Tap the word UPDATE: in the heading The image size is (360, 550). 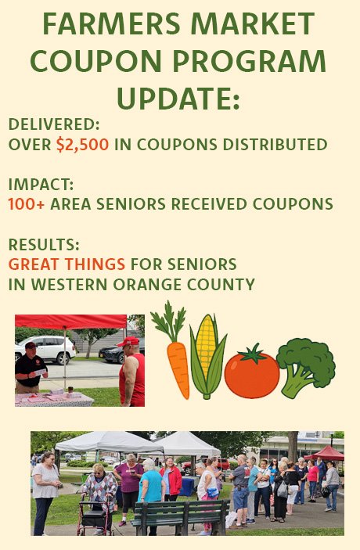point(178,99)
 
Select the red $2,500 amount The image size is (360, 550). point(82,145)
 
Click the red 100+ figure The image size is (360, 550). point(27,204)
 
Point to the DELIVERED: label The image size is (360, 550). point(54,124)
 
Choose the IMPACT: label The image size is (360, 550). point(41,185)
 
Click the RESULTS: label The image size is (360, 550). point(44,244)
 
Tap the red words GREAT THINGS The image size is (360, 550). point(67,264)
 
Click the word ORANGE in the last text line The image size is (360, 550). point(147,285)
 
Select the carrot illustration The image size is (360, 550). point(173,349)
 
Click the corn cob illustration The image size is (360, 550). point(207,356)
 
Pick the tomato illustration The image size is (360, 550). point(251,372)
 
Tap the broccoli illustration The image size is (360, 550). point(306,367)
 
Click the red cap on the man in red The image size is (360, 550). point(129,341)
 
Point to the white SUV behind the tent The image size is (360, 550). point(45,350)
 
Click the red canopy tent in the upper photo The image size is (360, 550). point(70,322)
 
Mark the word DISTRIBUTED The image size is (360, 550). point(275,145)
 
